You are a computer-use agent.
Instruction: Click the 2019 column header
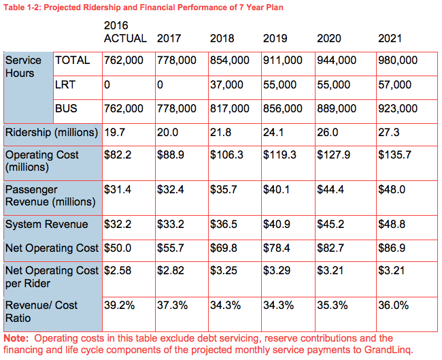(x=275, y=38)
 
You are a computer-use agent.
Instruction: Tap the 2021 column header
(x=390, y=38)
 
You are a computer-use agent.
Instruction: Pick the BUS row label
(x=66, y=108)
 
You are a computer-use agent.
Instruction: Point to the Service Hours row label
(x=23, y=67)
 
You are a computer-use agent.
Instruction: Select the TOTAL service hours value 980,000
(x=398, y=61)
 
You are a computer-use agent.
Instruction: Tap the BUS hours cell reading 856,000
(x=283, y=108)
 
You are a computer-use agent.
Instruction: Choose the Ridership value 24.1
(x=273, y=132)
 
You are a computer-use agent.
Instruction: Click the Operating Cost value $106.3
(x=227, y=154)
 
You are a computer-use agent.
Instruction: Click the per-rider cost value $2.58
(x=118, y=271)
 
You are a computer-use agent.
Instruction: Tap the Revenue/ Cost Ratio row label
(x=41, y=312)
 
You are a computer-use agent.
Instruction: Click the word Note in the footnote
(x=16, y=338)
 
